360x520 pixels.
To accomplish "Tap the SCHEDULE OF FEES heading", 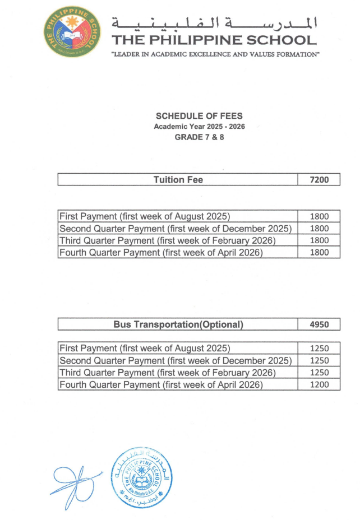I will click(199, 116).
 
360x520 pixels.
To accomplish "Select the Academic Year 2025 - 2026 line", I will click(199, 127).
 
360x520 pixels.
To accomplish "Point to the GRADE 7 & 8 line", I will click(199, 137).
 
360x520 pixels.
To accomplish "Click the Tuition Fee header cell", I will click(178, 180).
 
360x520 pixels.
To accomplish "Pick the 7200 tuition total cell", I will click(319, 180).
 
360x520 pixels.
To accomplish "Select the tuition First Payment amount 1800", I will click(319, 217).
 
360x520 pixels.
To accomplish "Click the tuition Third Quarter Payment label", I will click(168, 240).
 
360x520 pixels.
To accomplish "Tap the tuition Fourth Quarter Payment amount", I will click(319, 252).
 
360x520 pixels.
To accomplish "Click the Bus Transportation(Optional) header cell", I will click(178, 324).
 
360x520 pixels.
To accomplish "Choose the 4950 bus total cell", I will click(319, 324).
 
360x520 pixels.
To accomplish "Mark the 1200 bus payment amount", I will click(319, 385).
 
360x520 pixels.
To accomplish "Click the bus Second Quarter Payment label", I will click(176, 360).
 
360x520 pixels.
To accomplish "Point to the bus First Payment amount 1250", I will click(319, 349).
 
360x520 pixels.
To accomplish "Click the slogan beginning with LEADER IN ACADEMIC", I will click(216, 54).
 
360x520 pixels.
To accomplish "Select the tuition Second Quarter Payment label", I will click(176, 229).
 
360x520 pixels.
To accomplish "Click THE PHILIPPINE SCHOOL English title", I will click(214, 40).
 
